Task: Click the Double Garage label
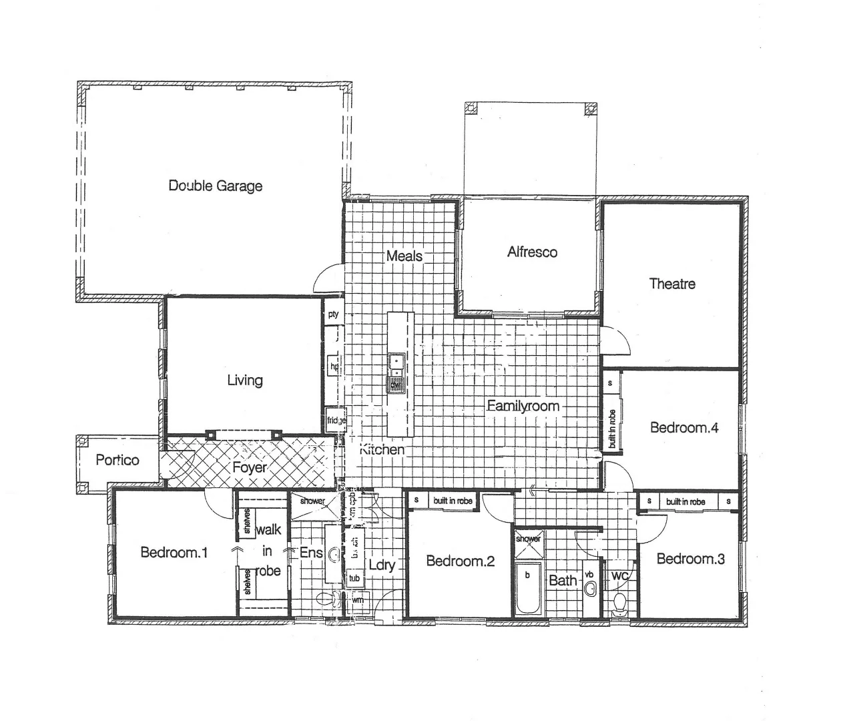click(215, 186)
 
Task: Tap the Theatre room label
click(672, 284)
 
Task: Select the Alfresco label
click(532, 252)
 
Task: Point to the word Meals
click(404, 256)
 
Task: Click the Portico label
click(117, 460)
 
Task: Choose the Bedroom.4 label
click(684, 427)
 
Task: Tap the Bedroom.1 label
click(174, 552)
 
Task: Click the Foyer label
click(250, 467)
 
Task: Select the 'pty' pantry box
click(333, 314)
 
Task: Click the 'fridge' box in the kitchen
click(336, 421)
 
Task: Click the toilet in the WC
click(620, 603)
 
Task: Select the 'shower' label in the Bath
click(528, 538)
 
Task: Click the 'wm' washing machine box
click(358, 600)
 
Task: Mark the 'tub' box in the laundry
click(354, 577)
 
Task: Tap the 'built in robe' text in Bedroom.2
click(453, 501)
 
